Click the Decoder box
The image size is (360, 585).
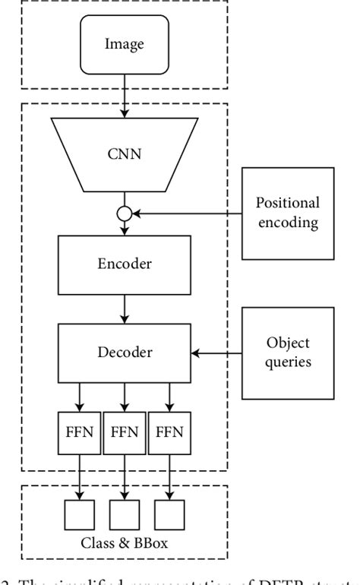click(124, 353)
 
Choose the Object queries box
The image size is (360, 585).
click(287, 353)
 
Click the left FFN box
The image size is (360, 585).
click(80, 433)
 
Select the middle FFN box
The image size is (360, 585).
click(124, 433)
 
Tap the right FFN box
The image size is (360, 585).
click(169, 433)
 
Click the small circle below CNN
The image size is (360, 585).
click(124, 213)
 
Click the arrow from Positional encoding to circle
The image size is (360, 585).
click(186, 213)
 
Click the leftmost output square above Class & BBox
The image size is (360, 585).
click(80, 514)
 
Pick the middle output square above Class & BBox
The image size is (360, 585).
click(124, 514)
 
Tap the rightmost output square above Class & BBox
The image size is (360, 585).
click(169, 514)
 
